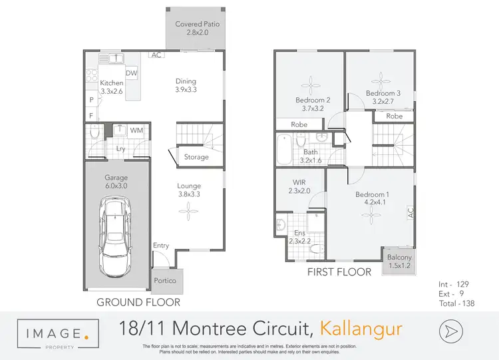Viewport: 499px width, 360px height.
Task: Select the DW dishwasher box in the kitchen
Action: coord(131,73)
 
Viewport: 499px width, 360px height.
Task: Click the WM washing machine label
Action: coord(136,131)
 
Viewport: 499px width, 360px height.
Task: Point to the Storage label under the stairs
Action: coord(196,157)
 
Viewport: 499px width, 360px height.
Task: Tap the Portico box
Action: coord(164,281)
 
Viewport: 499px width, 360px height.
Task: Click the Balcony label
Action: coord(400,262)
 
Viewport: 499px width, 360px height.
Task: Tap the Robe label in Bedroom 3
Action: coord(395,116)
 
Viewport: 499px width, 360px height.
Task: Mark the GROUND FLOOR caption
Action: coord(138,301)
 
